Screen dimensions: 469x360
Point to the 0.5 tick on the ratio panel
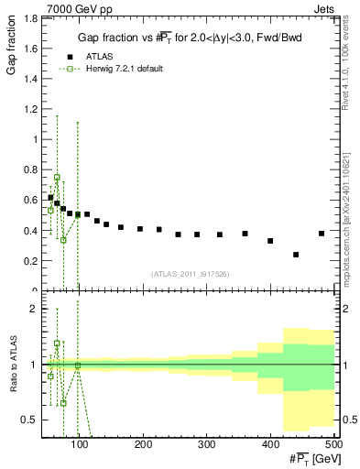click(29, 420)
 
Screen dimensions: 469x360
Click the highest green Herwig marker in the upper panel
click(57, 178)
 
